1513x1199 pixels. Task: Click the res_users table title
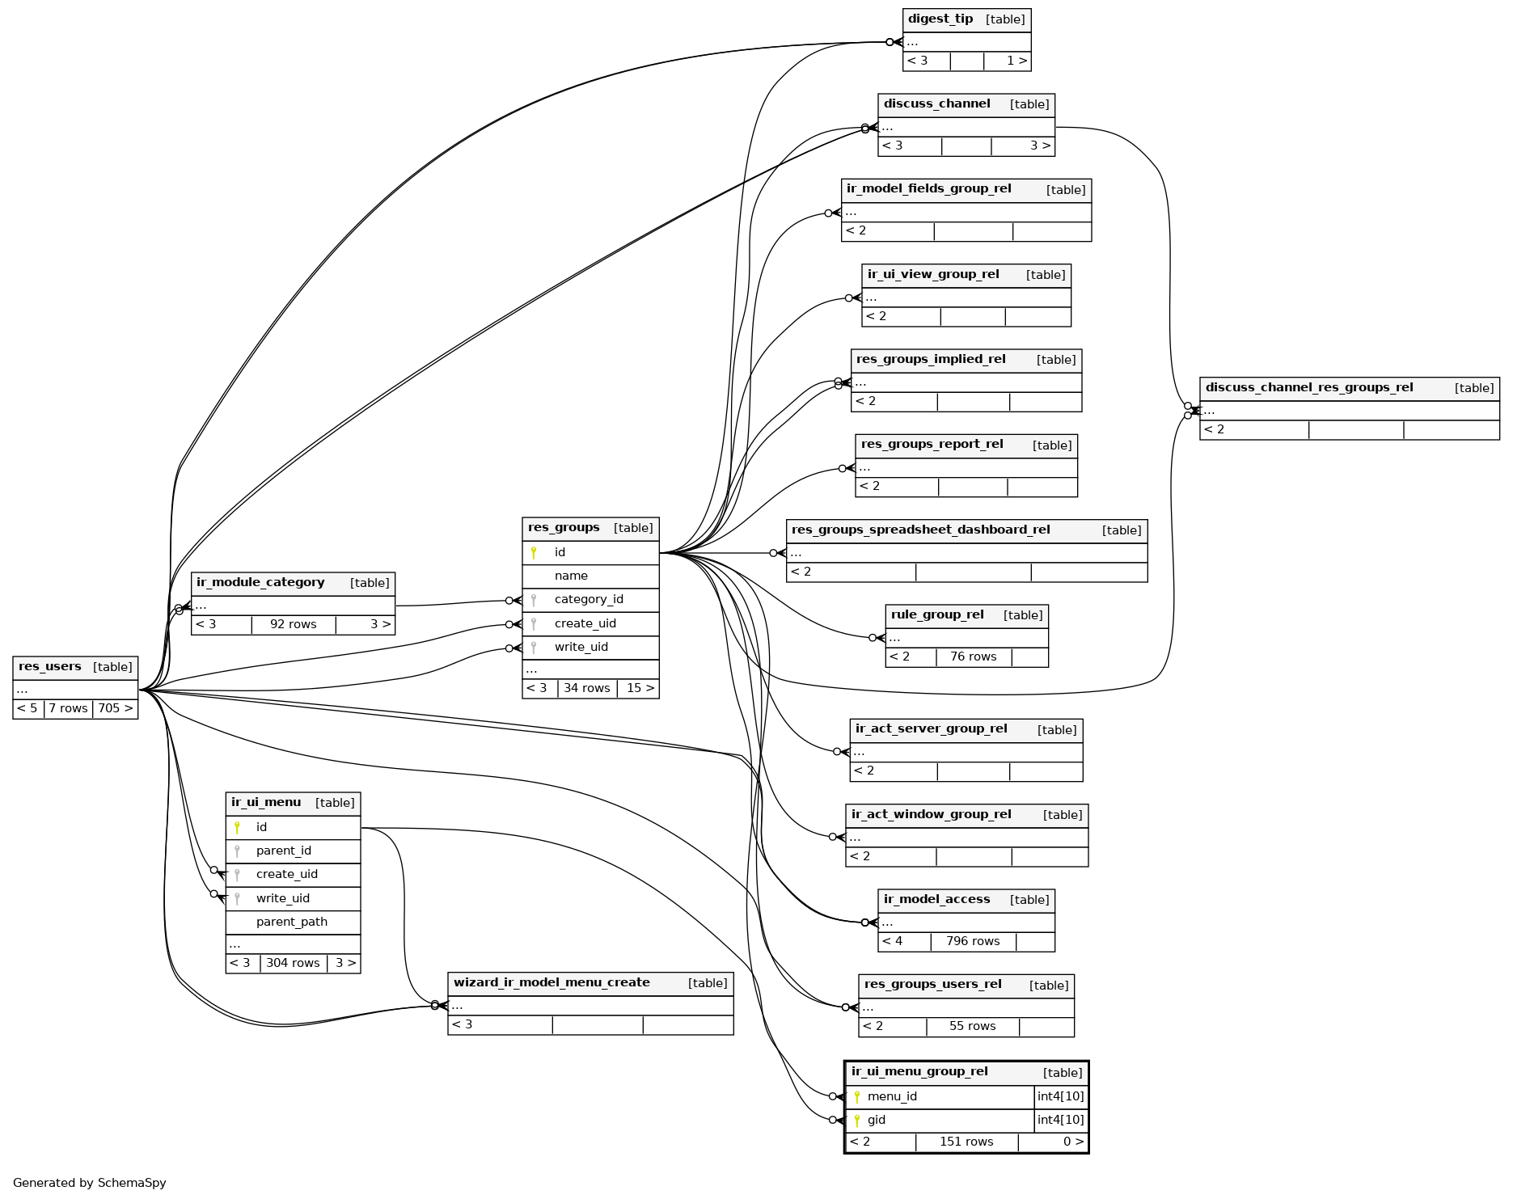(x=50, y=667)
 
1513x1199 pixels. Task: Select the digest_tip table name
(x=940, y=19)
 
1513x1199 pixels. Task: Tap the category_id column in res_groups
(x=589, y=600)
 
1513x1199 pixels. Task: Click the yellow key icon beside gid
(x=857, y=1121)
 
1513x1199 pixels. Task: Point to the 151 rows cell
(x=966, y=1142)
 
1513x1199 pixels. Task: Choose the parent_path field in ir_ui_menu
(x=292, y=922)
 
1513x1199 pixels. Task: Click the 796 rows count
(x=973, y=942)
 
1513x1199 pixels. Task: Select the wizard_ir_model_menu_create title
(x=552, y=983)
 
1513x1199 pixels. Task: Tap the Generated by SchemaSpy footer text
(x=90, y=1183)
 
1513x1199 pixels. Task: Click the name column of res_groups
(x=571, y=576)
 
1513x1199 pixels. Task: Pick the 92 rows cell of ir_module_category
(x=293, y=625)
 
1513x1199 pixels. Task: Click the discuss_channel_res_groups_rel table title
(x=1309, y=388)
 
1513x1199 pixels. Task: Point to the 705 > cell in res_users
(x=115, y=709)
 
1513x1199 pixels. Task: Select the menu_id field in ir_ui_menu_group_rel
(x=892, y=1097)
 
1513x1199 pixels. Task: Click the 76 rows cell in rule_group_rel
(x=973, y=657)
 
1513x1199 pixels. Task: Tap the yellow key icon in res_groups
(x=534, y=553)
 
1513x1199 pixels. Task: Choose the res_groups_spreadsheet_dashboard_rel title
(x=920, y=530)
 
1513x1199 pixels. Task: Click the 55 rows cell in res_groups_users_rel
(x=972, y=1027)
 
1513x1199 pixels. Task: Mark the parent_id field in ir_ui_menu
(x=283, y=851)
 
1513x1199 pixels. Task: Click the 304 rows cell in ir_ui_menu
(x=293, y=964)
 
